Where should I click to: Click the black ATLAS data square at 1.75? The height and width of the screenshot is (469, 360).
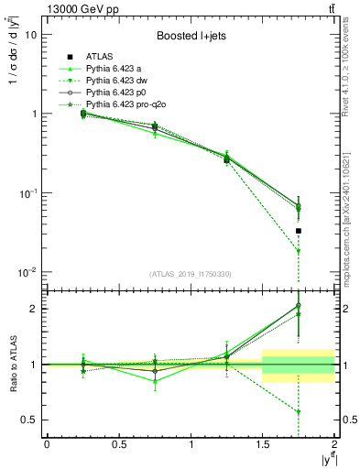point(299,231)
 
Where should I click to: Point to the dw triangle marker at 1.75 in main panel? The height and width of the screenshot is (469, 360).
point(299,251)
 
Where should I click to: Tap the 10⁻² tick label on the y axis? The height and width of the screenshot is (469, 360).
point(27,273)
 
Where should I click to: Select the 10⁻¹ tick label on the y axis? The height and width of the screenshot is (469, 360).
point(27,193)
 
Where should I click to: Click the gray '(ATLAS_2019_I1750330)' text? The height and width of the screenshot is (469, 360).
point(190,274)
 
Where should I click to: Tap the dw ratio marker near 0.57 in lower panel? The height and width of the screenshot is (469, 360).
point(299,411)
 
